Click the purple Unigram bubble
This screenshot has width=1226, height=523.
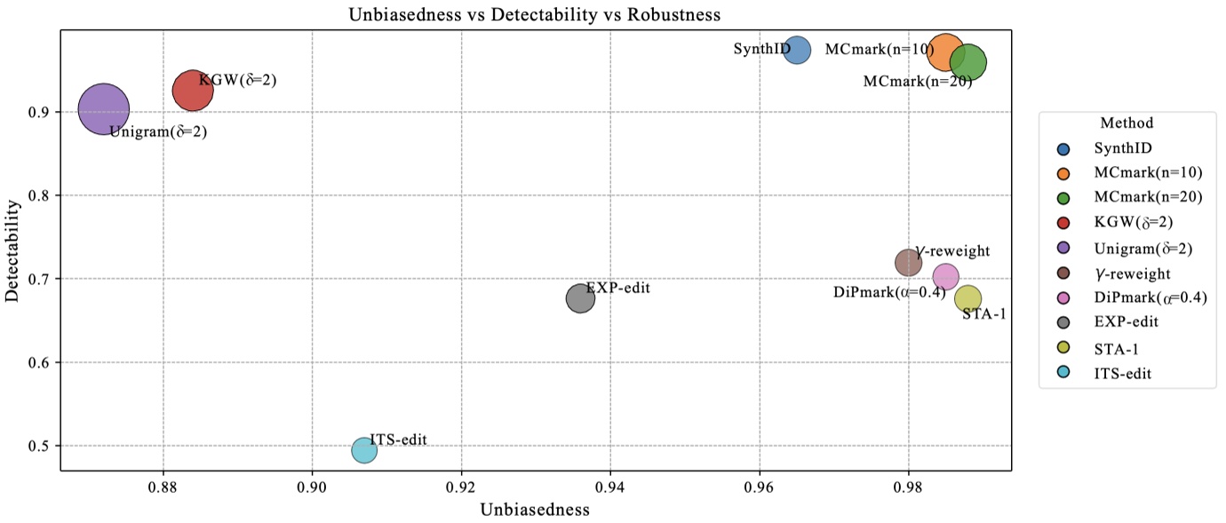pyautogui.click(x=104, y=109)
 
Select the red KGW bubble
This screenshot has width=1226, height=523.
pyautogui.click(x=193, y=91)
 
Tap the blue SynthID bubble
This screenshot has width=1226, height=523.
pyautogui.click(x=797, y=50)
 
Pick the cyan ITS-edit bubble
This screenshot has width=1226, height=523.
pyautogui.click(x=364, y=450)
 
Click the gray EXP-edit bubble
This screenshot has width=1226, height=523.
pyautogui.click(x=580, y=297)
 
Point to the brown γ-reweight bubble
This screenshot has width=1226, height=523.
pyautogui.click(x=908, y=262)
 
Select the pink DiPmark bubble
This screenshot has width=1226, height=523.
pyautogui.click(x=946, y=277)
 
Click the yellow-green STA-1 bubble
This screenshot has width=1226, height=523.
pyautogui.click(x=967, y=299)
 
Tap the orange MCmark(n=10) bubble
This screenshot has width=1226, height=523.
pyautogui.click(x=944, y=53)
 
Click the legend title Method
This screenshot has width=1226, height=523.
pyautogui.click(x=1126, y=123)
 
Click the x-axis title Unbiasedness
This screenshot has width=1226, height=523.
pyautogui.click(x=535, y=510)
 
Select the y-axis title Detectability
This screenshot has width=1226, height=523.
pyautogui.click(x=12, y=250)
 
